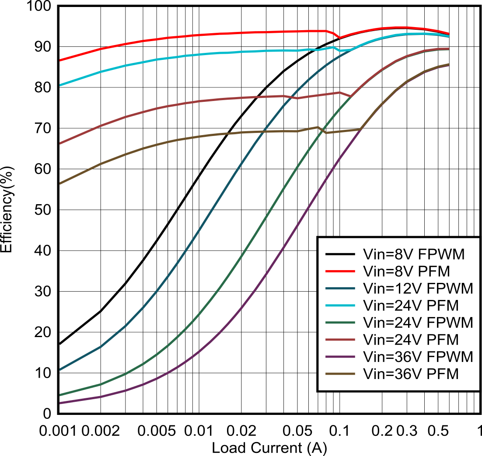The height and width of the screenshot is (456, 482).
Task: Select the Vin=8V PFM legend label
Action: point(406,271)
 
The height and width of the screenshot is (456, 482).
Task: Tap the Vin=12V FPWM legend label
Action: point(418,288)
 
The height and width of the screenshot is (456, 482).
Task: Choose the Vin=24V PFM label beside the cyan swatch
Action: point(411,305)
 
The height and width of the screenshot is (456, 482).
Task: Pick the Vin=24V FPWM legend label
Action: point(418,322)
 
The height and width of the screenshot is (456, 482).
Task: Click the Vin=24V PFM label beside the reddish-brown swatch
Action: point(411,339)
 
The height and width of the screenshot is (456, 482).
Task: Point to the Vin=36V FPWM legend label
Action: point(418,357)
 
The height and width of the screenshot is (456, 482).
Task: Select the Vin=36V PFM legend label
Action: point(411,374)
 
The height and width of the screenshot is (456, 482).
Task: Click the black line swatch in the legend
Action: point(340,254)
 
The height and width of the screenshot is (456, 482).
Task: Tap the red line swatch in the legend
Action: point(340,271)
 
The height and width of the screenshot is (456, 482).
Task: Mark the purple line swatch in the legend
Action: point(340,357)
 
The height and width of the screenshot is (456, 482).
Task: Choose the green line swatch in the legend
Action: point(340,322)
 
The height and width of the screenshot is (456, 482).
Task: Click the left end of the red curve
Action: point(60,60)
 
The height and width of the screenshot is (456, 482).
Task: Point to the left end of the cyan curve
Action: point(60,85)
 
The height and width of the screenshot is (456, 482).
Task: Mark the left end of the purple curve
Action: point(60,403)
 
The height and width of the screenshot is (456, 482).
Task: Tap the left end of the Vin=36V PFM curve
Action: point(60,184)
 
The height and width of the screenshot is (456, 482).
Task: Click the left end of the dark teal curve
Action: point(60,370)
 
